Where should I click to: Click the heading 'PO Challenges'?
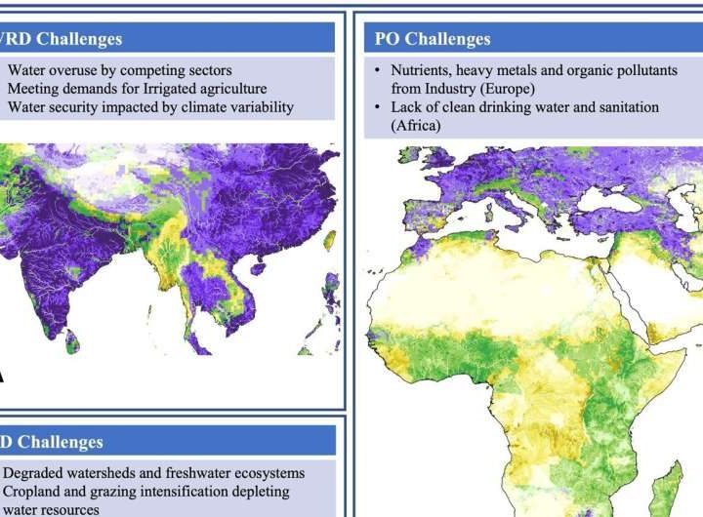[x=433, y=39]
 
